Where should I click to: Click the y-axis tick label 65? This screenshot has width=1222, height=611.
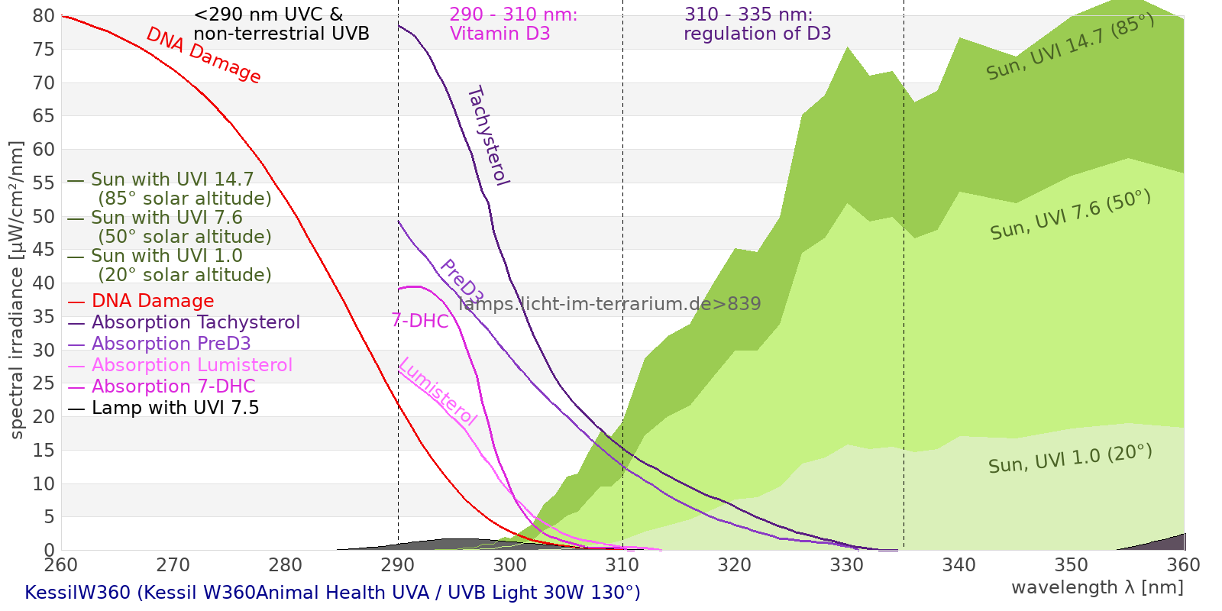44,116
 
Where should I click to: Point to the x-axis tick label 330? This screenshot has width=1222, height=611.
846,565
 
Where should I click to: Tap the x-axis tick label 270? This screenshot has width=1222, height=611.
173,565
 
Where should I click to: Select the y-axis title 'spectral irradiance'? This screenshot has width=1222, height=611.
17,290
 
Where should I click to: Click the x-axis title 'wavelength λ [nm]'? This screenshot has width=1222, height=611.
1097,587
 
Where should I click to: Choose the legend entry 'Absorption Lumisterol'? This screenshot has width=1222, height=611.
191,365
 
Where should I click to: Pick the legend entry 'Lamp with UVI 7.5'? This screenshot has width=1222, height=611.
175,408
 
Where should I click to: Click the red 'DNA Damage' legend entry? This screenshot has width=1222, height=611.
153,301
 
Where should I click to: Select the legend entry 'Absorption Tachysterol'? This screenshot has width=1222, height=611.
196,322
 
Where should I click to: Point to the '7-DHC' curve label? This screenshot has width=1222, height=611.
420,321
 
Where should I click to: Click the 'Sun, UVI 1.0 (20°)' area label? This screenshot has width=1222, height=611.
1070,459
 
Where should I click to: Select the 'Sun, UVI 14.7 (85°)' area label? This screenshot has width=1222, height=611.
1070,47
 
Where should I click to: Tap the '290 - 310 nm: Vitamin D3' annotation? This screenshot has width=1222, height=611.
513,24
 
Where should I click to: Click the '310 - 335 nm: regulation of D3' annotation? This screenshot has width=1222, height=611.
757,24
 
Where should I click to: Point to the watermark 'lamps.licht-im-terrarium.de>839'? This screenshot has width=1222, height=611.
609,304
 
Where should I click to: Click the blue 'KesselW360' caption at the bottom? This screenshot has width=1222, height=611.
332,593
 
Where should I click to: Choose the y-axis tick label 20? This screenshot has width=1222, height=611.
44,417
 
